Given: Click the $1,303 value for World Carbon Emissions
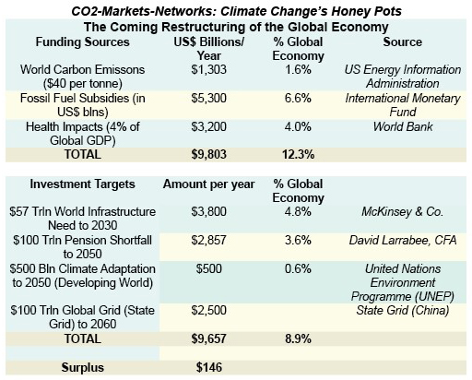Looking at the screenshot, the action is pyautogui.click(x=208, y=70).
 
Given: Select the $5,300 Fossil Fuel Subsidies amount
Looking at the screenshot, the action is pyautogui.click(x=208, y=99).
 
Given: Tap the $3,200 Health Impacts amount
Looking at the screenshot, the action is pyautogui.click(x=208, y=127).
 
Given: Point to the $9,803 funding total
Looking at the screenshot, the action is pyautogui.click(x=208, y=154).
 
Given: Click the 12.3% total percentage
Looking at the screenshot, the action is pyautogui.click(x=298, y=154).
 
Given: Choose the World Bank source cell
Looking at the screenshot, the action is pyautogui.click(x=403, y=126).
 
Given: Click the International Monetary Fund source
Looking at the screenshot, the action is pyautogui.click(x=403, y=105).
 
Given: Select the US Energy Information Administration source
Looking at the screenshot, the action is pyautogui.click(x=403, y=77).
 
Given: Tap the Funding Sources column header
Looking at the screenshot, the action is pyautogui.click(x=82, y=42).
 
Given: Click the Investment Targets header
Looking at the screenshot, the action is pyautogui.click(x=82, y=184).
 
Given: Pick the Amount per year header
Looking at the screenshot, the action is pyautogui.click(x=208, y=184).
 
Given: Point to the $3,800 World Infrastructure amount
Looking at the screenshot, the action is pyautogui.click(x=208, y=212).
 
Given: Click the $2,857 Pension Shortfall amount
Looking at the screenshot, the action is pyautogui.click(x=208, y=240).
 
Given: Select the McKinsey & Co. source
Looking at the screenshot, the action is pyautogui.click(x=403, y=212).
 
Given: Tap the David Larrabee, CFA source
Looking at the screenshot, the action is pyautogui.click(x=403, y=240).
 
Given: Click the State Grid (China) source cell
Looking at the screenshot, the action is pyautogui.click(x=403, y=311).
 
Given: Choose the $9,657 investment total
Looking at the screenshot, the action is pyautogui.click(x=208, y=338).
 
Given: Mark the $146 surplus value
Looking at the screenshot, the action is pyautogui.click(x=209, y=367).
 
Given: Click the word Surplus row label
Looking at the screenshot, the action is pyautogui.click(x=82, y=368).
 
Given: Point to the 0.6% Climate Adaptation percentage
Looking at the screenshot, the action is pyautogui.click(x=298, y=268).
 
